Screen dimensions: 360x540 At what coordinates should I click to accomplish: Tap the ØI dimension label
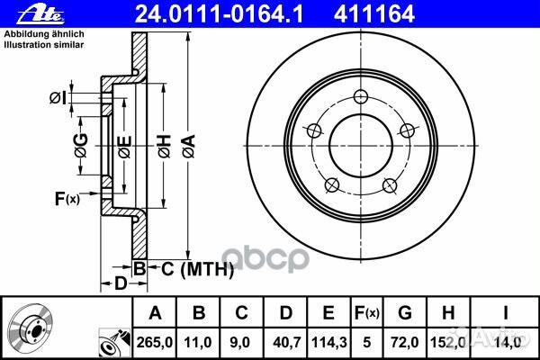[56, 96]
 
